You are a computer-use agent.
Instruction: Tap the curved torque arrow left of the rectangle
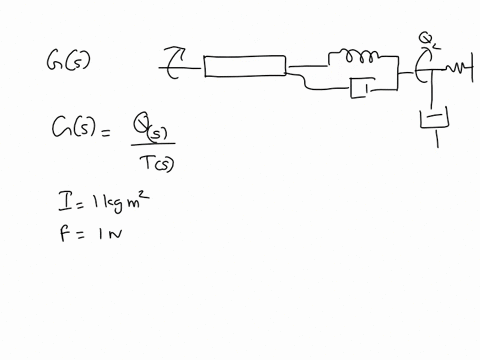click(175, 65)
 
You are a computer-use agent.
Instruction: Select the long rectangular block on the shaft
click(244, 66)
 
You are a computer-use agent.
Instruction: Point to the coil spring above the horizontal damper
click(355, 57)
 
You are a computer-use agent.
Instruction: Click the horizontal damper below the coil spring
click(360, 91)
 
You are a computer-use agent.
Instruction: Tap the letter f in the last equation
click(62, 236)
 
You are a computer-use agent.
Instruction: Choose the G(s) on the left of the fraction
click(71, 129)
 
